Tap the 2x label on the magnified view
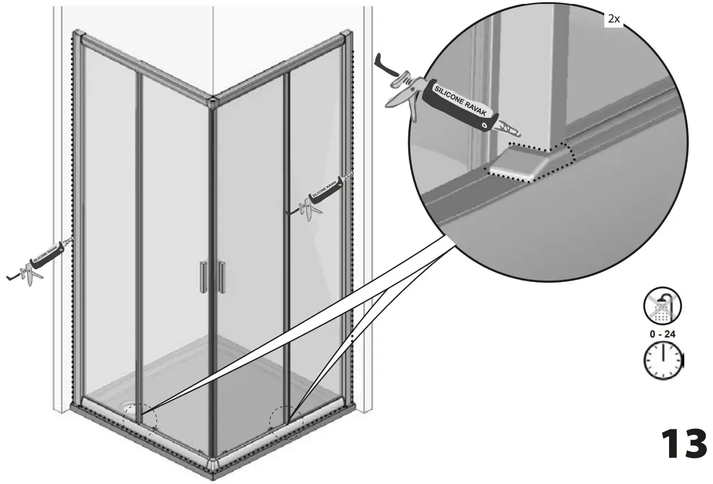(613, 19)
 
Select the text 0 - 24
(662, 334)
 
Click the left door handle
(203, 277)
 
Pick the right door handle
(222, 277)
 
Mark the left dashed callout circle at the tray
(140, 420)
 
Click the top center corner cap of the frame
(212, 102)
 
